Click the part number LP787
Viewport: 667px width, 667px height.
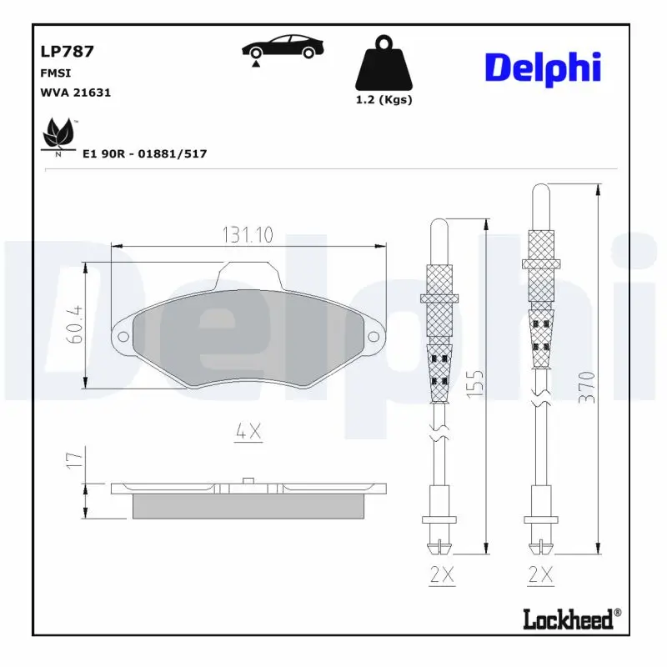pyautogui.click(x=67, y=52)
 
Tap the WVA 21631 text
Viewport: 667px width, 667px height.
pyautogui.click(x=75, y=93)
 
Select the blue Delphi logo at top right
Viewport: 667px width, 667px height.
pyautogui.click(x=542, y=67)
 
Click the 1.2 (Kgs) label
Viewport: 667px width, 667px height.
pyautogui.click(x=384, y=100)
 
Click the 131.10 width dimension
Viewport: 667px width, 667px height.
pyautogui.click(x=248, y=235)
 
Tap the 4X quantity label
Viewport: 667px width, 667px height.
pyautogui.click(x=248, y=431)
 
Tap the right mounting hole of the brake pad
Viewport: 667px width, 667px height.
pyautogui.click(x=373, y=337)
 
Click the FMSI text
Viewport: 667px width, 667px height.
pyautogui.click(x=54, y=73)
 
